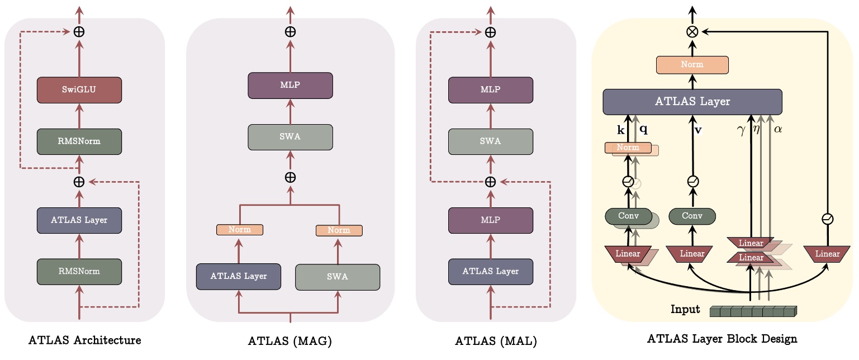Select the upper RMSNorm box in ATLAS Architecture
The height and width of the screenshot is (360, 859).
pyautogui.click(x=79, y=141)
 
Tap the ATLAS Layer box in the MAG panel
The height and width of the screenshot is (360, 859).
pyautogui.click(x=239, y=276)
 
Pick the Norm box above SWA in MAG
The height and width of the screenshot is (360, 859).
pyautogui.click(x=339, y=230)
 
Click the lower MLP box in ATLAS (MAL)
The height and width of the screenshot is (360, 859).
pyautogui.click(x=490, y=220)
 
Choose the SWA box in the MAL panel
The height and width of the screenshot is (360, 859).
pyautogui.click(x=490, y=141)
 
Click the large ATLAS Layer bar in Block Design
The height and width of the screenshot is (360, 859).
pyautogui.click(x=692, y=102)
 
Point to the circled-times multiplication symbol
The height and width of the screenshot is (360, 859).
pyautogui.click(x=692, y=32)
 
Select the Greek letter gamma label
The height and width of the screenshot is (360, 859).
pyautogui.click(x=742, y=129)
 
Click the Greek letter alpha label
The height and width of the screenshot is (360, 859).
pyautogui.click(x=778, y=129)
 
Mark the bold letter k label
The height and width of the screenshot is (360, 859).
pyautogui.click(x=620, y=129)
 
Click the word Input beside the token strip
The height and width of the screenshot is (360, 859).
pyautogui.click(x=685, y=310)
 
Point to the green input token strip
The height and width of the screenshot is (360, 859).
pyautogui.click(x=752, y=311)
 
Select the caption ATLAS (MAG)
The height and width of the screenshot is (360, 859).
pyautogui.click(x=291, y=340)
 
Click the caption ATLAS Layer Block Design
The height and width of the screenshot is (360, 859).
pyautogui.click(x=722, y=339)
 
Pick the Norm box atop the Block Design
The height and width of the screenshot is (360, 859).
pyautogui.click(x=692, y=65)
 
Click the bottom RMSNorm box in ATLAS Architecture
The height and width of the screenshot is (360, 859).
pyautogui.click(x=79, y=272)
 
